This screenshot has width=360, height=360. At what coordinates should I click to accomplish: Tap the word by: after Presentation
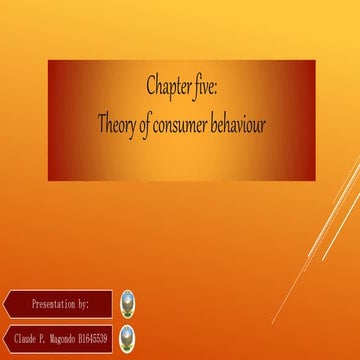[83, 301]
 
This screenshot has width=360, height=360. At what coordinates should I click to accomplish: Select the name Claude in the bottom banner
[29, 336]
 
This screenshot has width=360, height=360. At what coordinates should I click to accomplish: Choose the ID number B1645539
[96, 336]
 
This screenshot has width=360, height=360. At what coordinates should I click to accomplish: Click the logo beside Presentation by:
[127, 302]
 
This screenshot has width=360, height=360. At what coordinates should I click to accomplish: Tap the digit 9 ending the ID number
[107, 336]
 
